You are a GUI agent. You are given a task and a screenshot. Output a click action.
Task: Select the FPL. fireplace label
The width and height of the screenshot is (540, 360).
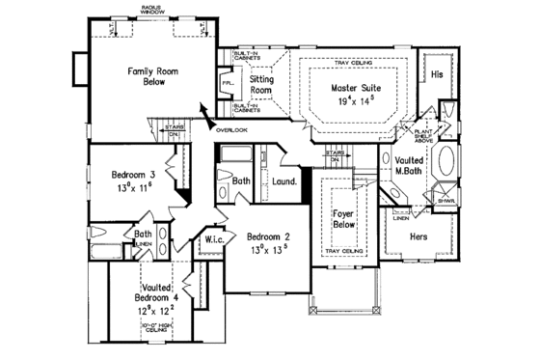(x=227, y=84)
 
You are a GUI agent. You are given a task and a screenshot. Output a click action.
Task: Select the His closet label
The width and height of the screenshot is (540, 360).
(x=437, y=74)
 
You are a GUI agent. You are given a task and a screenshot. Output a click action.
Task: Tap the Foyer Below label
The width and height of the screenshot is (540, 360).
(x=344, y=218)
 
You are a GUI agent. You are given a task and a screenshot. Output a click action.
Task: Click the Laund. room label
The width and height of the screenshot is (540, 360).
(x=283, y=180)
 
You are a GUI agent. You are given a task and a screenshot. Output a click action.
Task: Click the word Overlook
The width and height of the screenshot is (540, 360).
(x=231, y=129)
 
